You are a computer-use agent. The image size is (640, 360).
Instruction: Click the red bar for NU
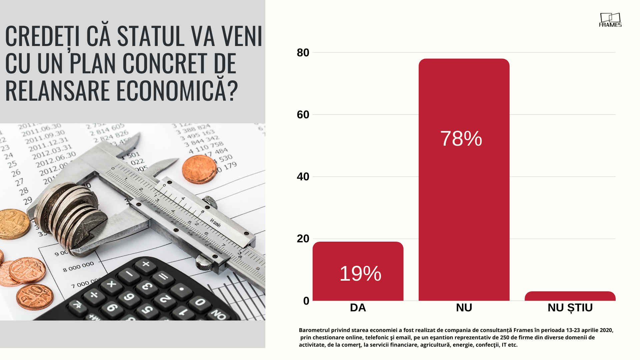click(464, 200)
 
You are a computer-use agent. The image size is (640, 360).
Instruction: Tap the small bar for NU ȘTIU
click(570, 296)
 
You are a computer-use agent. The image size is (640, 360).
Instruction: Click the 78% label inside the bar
click(461, 138)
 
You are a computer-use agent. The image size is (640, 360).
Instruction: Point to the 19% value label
click(360, 274)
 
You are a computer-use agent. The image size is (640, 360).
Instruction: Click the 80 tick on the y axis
click(303, 53)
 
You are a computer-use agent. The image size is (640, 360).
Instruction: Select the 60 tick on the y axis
click(303, 115)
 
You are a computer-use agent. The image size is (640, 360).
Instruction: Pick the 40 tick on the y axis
click(303, 177)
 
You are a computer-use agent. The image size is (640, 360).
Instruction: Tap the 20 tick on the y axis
click(303, 239)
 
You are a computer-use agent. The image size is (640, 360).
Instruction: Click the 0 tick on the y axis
click(306, 301)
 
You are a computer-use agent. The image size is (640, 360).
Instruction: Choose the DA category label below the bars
click(358, 308)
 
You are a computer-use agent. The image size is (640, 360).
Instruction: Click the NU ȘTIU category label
click(570, 308)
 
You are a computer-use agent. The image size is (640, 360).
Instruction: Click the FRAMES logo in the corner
click(610, 20)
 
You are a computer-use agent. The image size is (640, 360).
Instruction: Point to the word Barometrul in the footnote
click(314, 330)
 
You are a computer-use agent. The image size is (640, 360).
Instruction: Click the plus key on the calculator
click(146, 264)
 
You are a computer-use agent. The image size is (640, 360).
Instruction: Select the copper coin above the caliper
click(199, 169)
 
